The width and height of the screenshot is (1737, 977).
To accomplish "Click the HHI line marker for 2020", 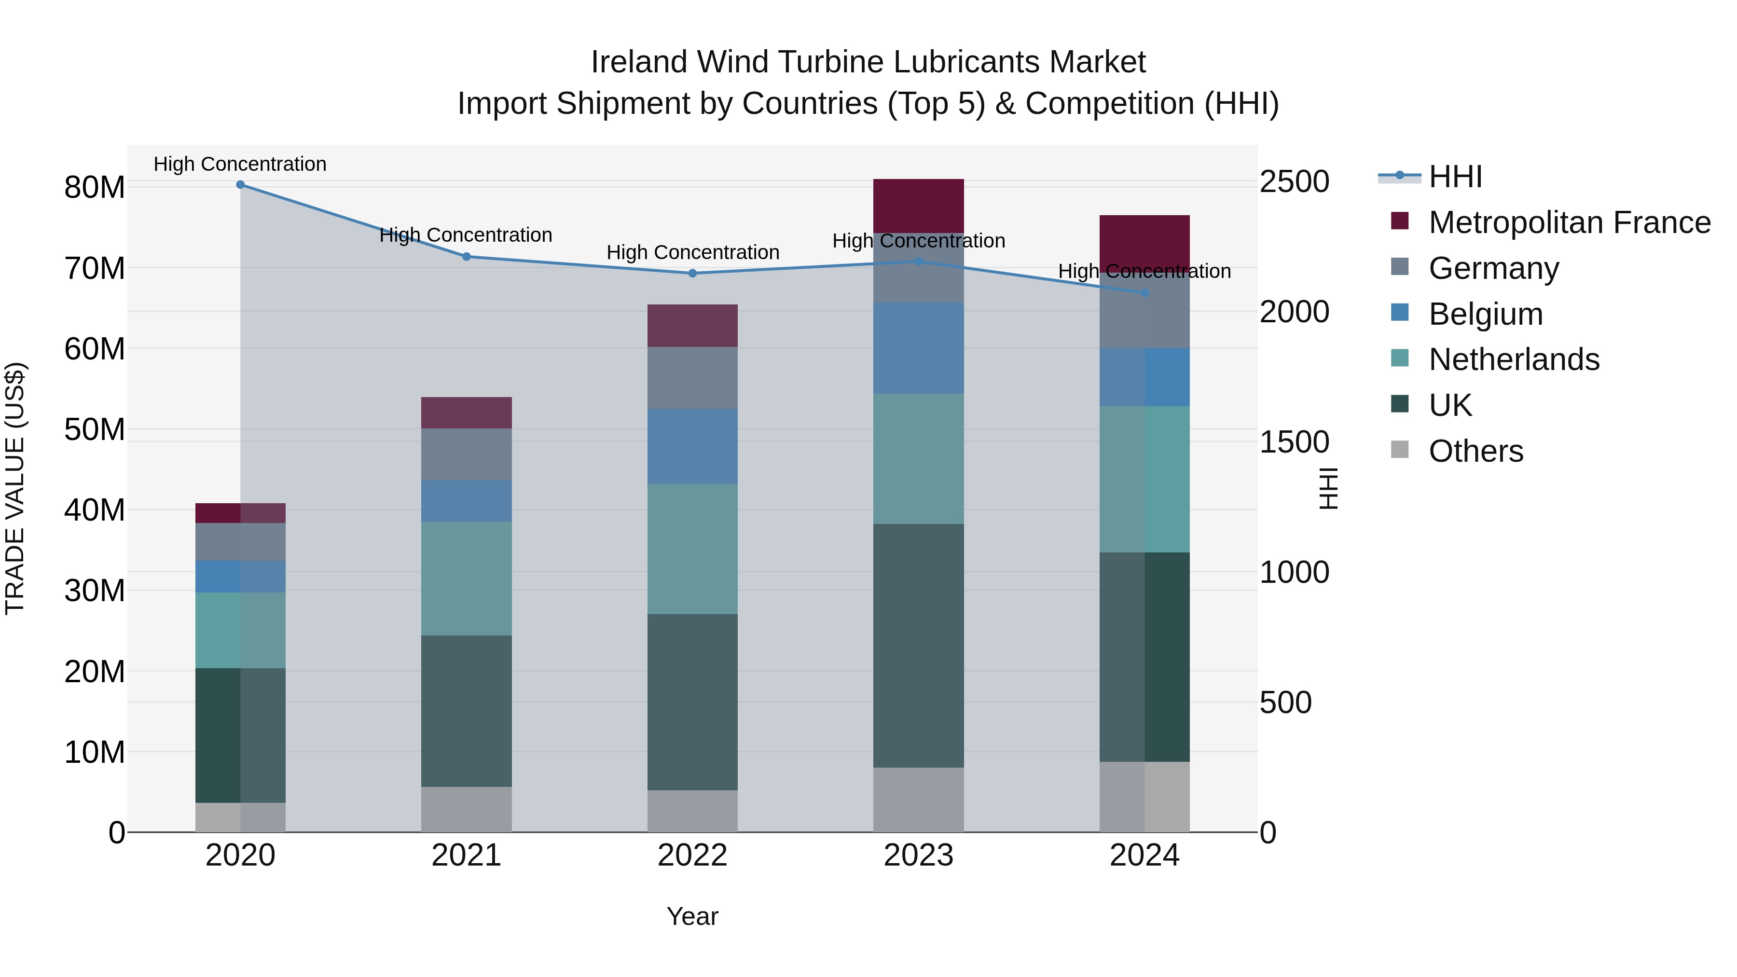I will coord(240,185).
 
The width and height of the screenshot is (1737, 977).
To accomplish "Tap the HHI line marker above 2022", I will coord(692,273).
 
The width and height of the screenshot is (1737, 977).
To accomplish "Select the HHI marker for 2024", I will coord(1144,293).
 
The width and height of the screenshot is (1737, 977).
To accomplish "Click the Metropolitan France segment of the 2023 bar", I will coord(918,206).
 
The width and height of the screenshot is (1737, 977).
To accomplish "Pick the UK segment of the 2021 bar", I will coord(466,711).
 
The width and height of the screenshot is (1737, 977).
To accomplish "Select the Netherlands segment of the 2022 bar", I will coord(692,549).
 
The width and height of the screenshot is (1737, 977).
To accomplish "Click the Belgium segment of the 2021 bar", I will coord(466,500).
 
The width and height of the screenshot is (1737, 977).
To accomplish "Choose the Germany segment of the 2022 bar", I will coord(692,378).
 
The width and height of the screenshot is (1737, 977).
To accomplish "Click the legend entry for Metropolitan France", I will coord(1569,222).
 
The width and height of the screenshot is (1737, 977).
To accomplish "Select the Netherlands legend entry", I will coord(1513,359).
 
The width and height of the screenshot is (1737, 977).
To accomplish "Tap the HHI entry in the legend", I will coord(1455,177).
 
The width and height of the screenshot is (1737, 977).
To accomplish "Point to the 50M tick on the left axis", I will coord(95,429).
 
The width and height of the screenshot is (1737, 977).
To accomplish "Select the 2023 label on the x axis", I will coord(918,855).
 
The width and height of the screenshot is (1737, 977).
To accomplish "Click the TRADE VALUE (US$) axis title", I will coord(15,488).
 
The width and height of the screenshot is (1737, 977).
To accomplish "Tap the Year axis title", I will coord(692,916).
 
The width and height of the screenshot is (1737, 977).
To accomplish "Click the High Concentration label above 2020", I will coord(240,164).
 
